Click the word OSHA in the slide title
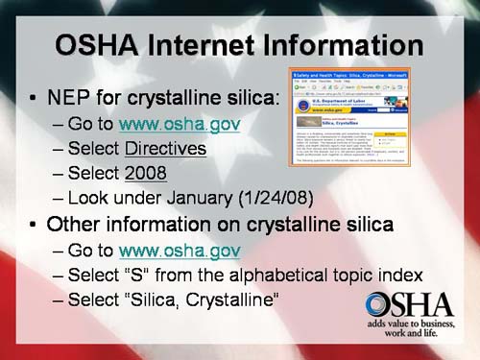[x=100, y=45]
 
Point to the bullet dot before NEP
[x=35, y=98]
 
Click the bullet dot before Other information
[x=35, y=226]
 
